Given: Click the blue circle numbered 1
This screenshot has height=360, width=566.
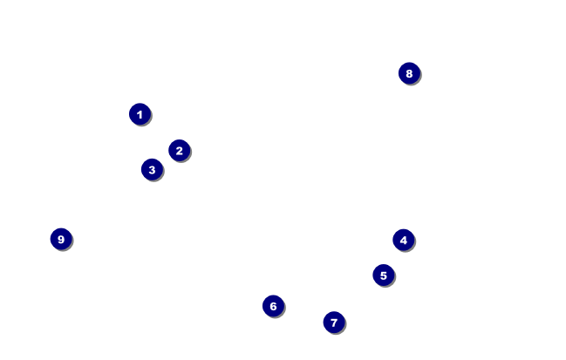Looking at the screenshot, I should tap(140, 114).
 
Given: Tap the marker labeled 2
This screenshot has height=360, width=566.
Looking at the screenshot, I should tap(179, 151).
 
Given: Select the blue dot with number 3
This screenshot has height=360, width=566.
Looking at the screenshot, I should tap(152, 169).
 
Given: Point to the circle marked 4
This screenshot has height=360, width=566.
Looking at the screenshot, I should tap(403, 240).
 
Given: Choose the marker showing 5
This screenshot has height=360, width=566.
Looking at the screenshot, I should tap(383, 275).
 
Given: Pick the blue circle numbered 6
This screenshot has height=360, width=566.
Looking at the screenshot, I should tap(273, 306).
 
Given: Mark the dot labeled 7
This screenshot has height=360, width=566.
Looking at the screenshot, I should tap(333, 323).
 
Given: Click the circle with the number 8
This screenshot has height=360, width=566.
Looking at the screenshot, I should tap(409, 73).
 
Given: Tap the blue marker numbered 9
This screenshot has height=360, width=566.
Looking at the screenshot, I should tap(60, 239).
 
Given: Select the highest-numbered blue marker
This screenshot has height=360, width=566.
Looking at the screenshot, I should tap(60, 239).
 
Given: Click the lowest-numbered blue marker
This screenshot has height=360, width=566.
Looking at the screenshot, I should tap(140, 114).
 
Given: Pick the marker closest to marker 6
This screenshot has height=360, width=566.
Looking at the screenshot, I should tap(333, 323).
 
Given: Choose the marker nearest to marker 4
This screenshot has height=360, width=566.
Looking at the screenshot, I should tap(383, 275).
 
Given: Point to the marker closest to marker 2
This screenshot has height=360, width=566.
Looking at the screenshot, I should tap(152, 169).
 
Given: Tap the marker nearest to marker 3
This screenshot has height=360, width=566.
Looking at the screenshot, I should tap(179, 151).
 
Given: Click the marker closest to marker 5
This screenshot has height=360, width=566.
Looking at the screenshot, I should tap(403, 240).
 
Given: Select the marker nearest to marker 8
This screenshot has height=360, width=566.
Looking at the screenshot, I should tap(403, 240).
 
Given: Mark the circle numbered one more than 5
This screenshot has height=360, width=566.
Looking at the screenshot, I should tap(273, 306).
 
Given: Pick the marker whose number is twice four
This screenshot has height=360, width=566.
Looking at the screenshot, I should tap(409, 73).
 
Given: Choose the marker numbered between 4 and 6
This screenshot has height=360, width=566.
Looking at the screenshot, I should tap(383, 275).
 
